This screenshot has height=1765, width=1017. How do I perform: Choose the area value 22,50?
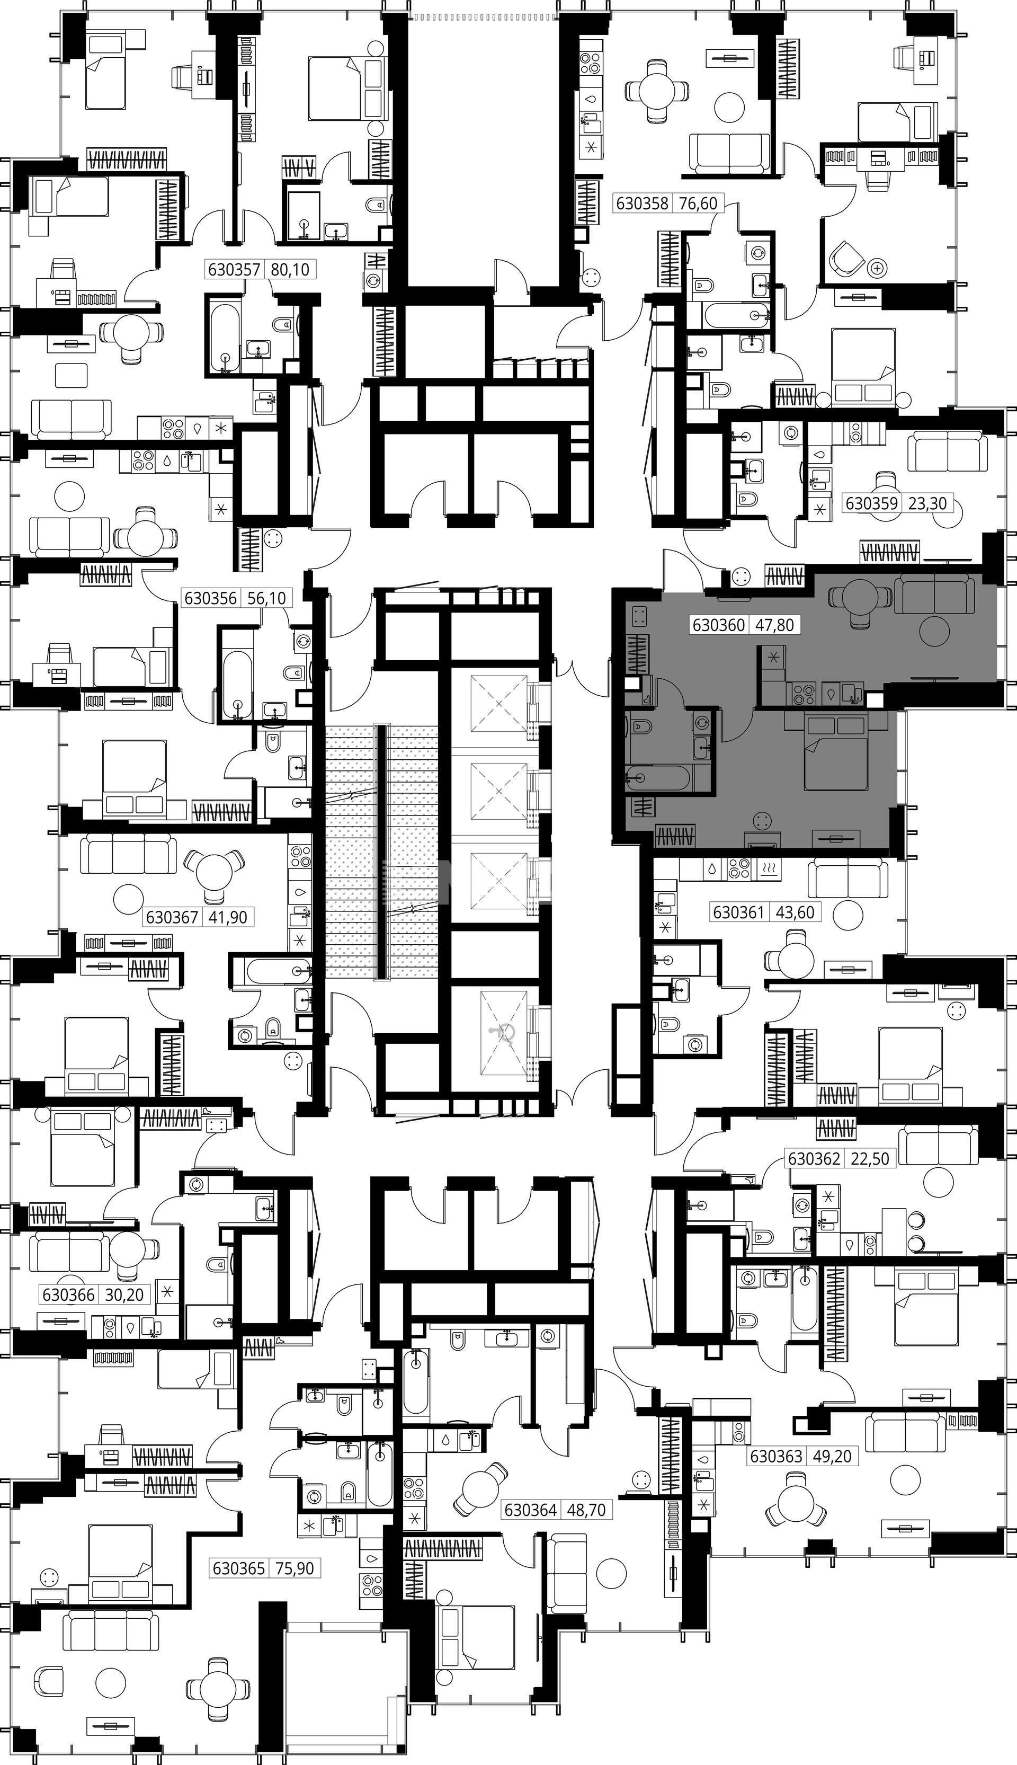coord(870,1158)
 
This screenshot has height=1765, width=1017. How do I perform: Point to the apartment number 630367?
coord(172,917)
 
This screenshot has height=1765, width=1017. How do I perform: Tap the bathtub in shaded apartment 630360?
coord(659,778)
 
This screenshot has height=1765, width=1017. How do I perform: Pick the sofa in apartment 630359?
coord(947,452)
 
